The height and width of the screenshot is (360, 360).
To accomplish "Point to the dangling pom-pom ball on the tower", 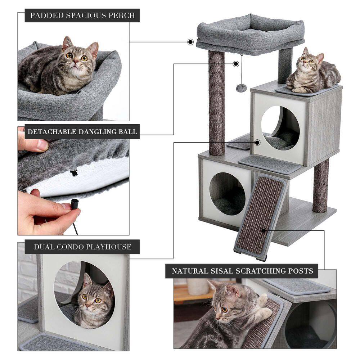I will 241,87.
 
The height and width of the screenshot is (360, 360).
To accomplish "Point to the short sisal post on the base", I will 320,185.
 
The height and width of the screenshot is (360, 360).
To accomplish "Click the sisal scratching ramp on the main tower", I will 261,216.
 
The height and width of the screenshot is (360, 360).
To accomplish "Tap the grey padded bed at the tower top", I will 250,34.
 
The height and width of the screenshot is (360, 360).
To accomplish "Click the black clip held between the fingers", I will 74,204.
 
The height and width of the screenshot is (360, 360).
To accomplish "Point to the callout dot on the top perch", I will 190,42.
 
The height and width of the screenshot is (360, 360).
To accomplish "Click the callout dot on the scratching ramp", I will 264,230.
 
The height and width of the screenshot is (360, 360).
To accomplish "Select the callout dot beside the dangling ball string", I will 235,64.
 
